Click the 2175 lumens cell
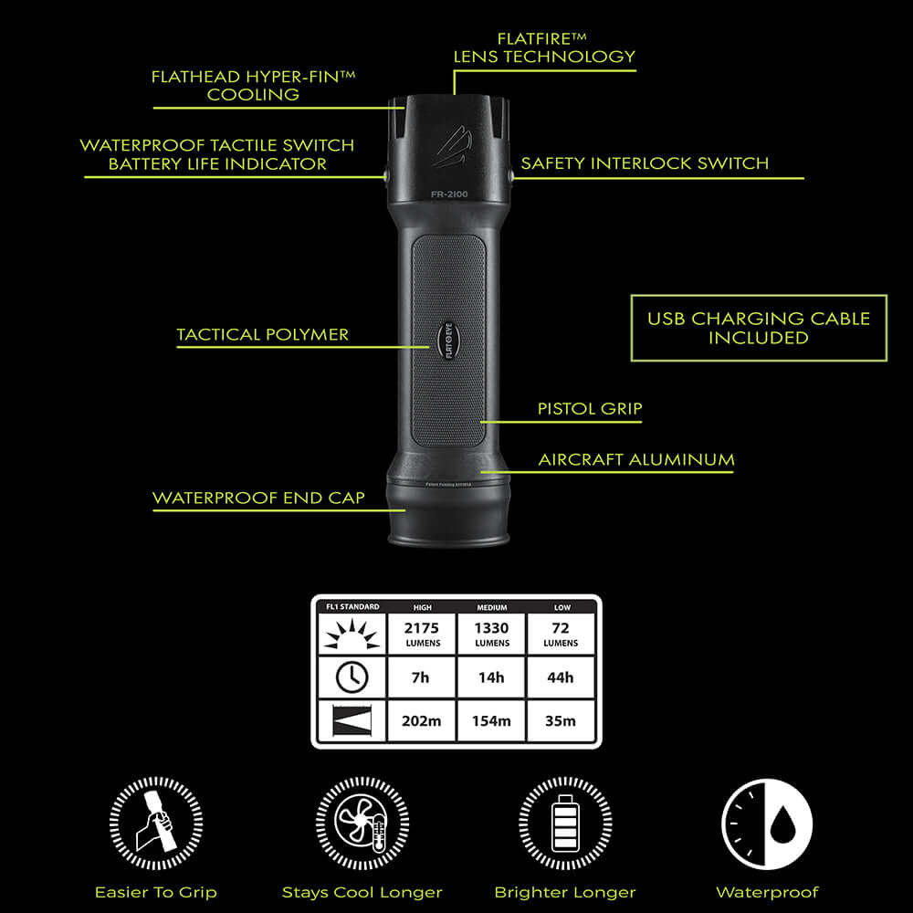click(423, 634)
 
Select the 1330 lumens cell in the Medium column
click(491, 634)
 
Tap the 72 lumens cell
click(560, 634)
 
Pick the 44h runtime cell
click(560, 677)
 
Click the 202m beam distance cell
click(423, 720)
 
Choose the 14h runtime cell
click(491, 677)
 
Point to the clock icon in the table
click(352, 677)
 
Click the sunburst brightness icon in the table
click(352, 633)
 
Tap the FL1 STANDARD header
click(352, 607)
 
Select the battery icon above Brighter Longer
click(565, 824)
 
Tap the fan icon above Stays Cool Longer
click(362, 824)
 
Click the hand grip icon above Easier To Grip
click(155, 824)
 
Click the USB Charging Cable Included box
click(758, 328)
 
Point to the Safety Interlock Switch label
click(645, 164)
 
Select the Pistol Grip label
click(590, 409)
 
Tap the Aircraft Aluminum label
click(635, 459)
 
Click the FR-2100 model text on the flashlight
click(449, 194)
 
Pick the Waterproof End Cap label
click(258, 498)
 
